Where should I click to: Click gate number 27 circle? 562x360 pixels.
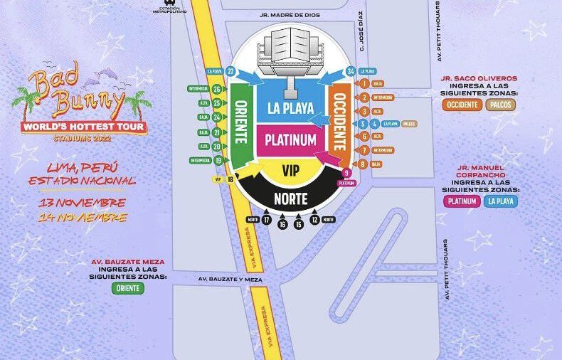[x=231, y=71]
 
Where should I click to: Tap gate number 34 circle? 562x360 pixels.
[x=349, y=72]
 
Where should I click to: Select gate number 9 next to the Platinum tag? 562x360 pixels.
[x=347, y=173]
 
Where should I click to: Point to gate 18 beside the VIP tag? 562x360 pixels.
[x=230, y=180]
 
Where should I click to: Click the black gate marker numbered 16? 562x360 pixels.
[x=282, y=224]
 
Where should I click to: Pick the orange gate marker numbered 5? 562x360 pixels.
[x=364, y=123]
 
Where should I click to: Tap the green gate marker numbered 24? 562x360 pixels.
[x=216, y=117]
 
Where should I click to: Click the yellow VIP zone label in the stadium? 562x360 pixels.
[x=290, y=171]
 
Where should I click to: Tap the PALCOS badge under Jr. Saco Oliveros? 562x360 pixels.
[x=501, y=105]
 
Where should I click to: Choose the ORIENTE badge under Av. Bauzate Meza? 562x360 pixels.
[x=128, y=288]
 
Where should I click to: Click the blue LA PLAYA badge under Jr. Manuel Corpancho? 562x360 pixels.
[x=501, y=201]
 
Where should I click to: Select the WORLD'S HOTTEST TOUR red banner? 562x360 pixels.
[x=84, y=127]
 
